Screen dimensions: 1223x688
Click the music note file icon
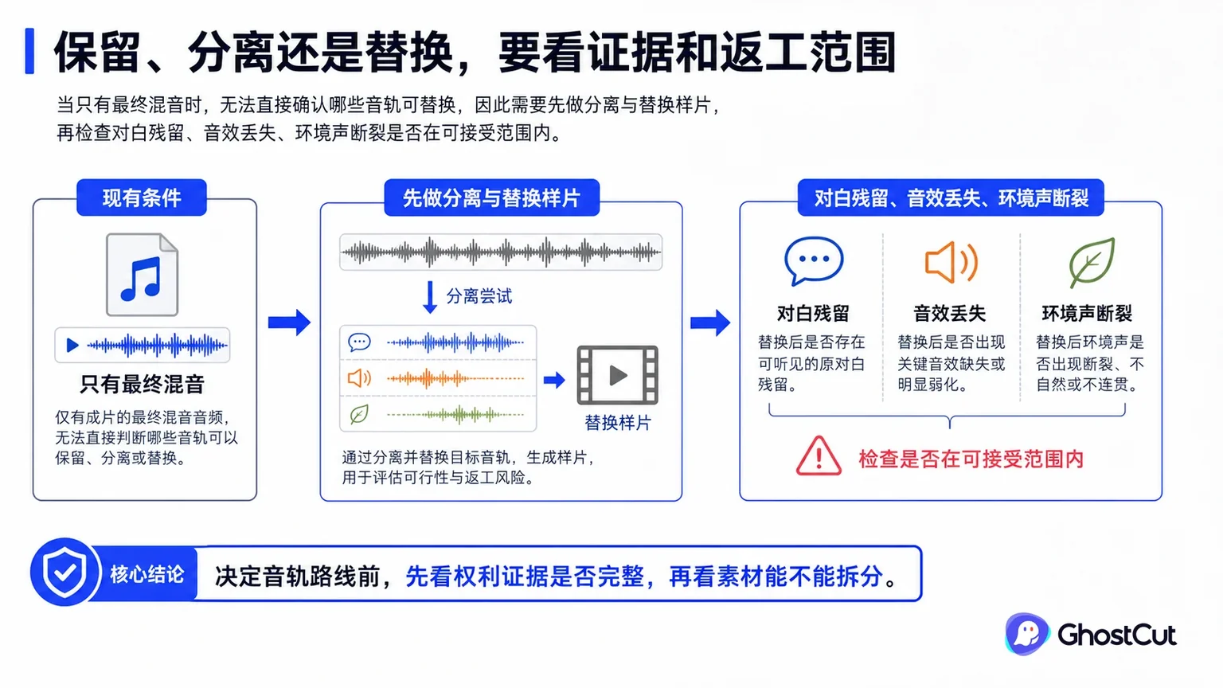coord(142,275)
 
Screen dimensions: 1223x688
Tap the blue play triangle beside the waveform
coord(72,345)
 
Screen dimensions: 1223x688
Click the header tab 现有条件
coord(142,197)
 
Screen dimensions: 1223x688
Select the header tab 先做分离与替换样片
coord(491,197)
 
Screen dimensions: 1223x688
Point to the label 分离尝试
coord(479,296)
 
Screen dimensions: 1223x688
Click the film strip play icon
coord(618,375)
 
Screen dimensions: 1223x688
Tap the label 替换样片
coord(618,423)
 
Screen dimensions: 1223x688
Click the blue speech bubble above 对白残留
coord(814,261)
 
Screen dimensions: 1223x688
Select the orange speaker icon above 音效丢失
coord(951,262)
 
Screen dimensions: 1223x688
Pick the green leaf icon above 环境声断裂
coord(1091,263)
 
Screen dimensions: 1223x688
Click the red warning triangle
coord(819,456)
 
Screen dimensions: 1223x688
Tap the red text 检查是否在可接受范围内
coord(971,459)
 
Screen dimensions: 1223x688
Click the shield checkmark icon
coord(65,573)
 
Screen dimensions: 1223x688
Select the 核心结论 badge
coord(147,574)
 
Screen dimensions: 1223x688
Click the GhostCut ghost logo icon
coord(1026,634)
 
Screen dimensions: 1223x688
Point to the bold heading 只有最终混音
coord(142,385)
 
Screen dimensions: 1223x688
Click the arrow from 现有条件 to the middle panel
coord(289,322)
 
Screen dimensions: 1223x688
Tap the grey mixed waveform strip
coord(501,252)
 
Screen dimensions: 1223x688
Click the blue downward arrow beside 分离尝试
coord(430,297)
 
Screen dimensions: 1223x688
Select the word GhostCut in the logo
coord(1116,635)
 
